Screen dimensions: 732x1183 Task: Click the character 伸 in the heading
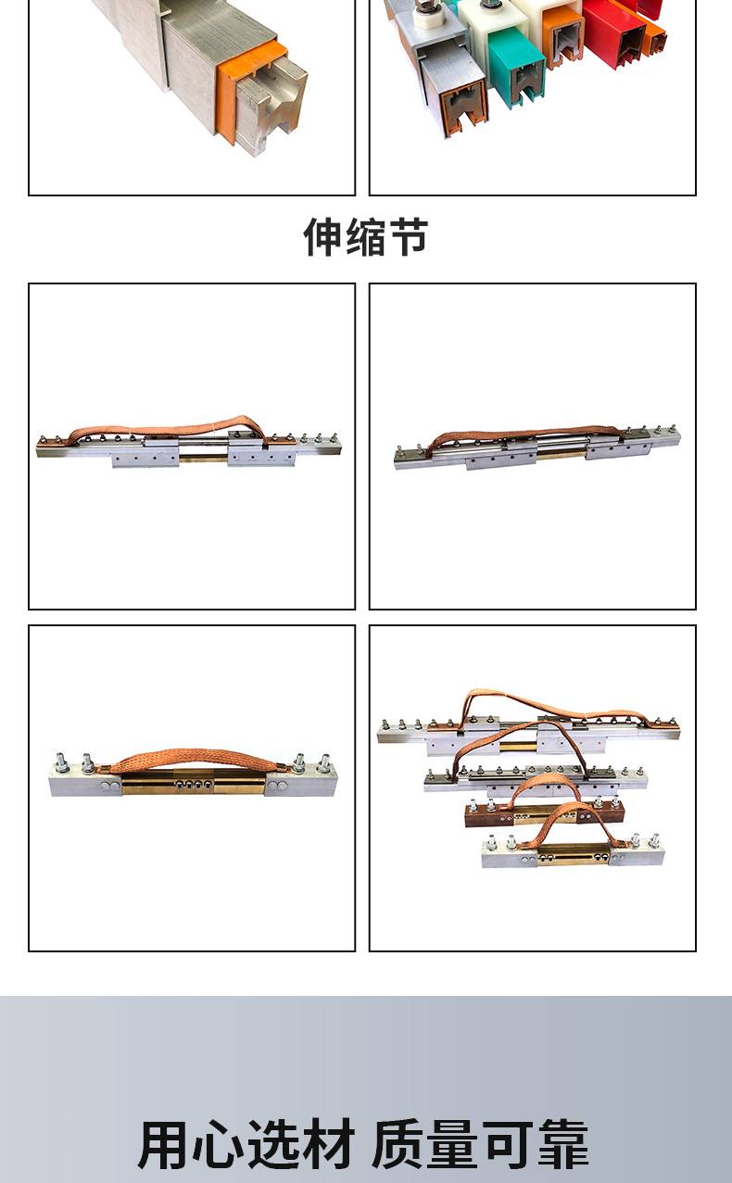pyautogui.click(x=323, y=237)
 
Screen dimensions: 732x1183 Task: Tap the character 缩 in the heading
pyautogui.click(x=366, y=237)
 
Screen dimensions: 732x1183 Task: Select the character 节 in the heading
pyautogui.click(x=408, y=237)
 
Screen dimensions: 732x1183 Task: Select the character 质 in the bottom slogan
pyautogui.click(x=398, y=1145)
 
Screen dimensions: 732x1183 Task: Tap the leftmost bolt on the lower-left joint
pyautogui.click(x=61, y=761)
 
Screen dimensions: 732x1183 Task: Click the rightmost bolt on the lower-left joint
pyautogui.click(x=323, y=763)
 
